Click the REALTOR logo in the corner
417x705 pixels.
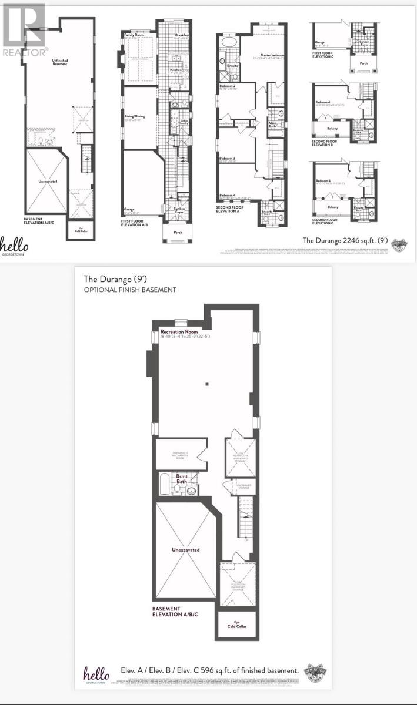tap(24, 29)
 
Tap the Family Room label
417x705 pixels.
tap(134, 35)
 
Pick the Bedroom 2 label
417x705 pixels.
tap(228, 86)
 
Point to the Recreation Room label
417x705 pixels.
tap(181, 333)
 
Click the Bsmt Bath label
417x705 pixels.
tap(181, 478)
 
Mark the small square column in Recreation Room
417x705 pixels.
tap(207, 384)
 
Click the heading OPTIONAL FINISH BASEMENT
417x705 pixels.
tap(129, 290)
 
